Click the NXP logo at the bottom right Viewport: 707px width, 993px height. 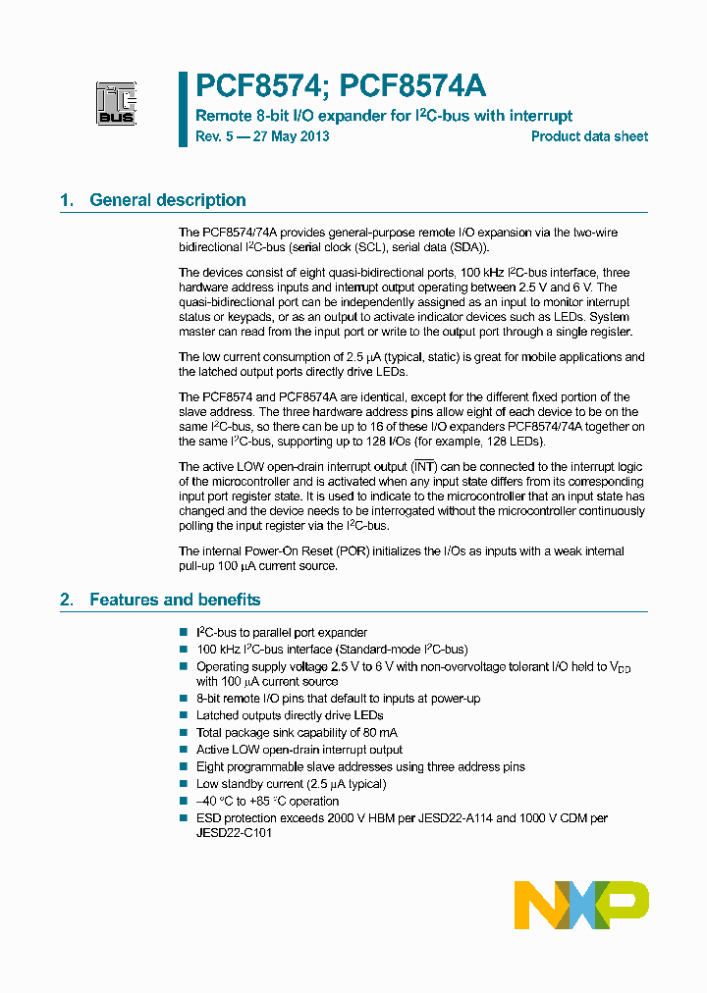coord(581,905)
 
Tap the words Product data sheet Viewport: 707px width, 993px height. coord(589,136)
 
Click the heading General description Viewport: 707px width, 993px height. coord(168,200)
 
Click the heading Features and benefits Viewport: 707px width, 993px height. coord(175,600)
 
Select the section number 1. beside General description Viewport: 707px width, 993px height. coord(67,200)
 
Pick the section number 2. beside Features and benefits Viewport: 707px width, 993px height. coord(67,600)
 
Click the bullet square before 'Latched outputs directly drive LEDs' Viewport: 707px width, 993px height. coord(184,716)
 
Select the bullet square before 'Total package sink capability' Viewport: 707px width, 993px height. coord(184,733)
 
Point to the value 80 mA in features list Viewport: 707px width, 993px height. coord(379,733)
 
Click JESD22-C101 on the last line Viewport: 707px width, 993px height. coord(234,833)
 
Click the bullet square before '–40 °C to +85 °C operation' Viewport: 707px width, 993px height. coord(184,801)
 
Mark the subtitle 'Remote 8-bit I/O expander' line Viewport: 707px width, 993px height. coord(384,116)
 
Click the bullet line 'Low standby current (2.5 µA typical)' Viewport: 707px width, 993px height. coord(291,784)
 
